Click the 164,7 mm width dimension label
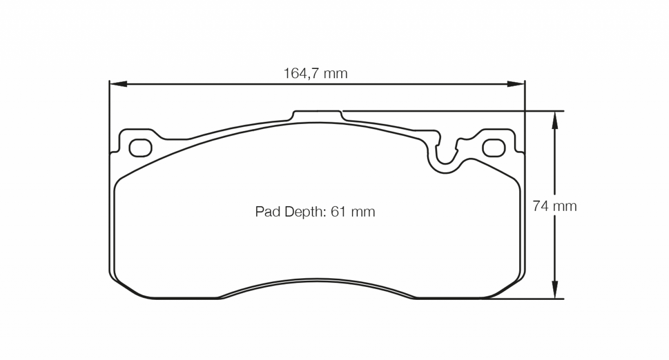(x=315, y=73)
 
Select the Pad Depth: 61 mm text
(x=315, y=212)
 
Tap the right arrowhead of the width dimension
(x=516, y=84)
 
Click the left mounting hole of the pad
(x=140, y=148)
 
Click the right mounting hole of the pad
(x=493, y=148)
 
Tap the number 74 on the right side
(x=540, y=206)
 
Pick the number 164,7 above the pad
(x=301, y=73)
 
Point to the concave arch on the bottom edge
(x=318, y=281)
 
